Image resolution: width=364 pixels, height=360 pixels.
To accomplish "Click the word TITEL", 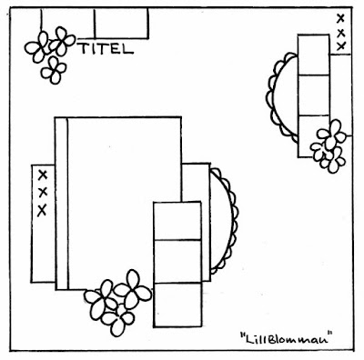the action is (106, 48).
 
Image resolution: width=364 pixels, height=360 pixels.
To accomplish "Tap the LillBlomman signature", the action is (285, 337).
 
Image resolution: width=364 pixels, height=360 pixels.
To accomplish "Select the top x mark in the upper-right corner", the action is (340, 19).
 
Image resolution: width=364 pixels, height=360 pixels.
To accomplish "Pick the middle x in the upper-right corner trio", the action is (341, 33).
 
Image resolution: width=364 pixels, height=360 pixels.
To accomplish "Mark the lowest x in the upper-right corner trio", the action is (341, 46).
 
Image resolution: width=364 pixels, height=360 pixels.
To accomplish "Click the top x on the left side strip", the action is (43, 175).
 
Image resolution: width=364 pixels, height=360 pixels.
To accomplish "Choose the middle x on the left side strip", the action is (43, 192).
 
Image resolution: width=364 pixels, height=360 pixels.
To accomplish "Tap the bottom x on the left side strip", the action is (42, 210).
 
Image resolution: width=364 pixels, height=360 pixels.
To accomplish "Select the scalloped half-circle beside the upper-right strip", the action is (271, 97).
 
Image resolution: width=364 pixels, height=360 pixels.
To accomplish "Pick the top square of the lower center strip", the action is (177, 221).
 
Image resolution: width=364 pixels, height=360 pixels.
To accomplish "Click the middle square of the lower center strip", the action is (177, 261).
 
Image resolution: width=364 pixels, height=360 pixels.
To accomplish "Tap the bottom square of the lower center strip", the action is (177, 305).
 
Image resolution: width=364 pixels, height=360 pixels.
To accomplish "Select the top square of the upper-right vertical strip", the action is (314, 55).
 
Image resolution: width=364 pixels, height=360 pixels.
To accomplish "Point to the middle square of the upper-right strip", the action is (314, 95).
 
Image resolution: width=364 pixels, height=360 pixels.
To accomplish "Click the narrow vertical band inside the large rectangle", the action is (62, 203).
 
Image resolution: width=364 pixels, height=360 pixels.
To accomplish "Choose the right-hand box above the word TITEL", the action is (121, 24).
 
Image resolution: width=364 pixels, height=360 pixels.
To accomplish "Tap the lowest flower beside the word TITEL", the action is (54, 70).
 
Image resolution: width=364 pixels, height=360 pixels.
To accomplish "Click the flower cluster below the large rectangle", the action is (117, 303).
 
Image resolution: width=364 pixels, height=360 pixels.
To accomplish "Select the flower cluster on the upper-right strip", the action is (329, 146).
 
